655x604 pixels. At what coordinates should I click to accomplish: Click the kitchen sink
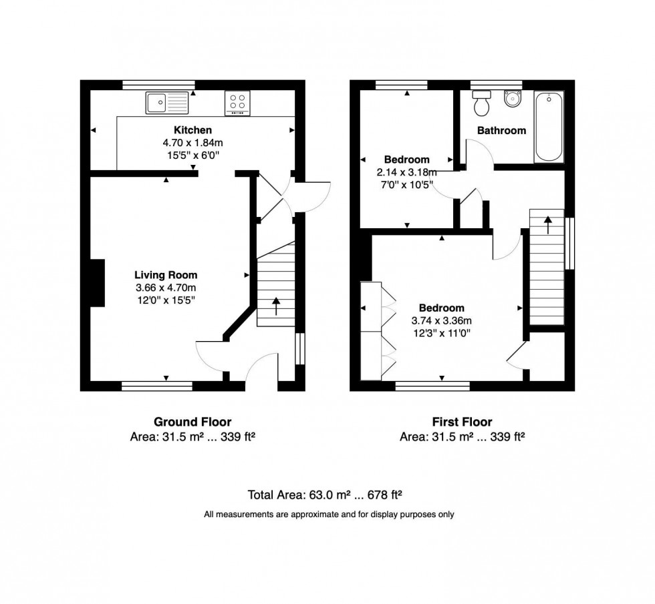168,102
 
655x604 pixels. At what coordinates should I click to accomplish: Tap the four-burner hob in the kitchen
237,101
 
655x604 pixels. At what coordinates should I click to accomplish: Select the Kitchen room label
193,130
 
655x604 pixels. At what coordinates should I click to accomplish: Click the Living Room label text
166,274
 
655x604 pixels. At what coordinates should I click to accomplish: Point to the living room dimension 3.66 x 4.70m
166,288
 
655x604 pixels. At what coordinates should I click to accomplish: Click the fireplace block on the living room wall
97,282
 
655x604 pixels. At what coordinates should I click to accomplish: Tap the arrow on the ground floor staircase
276,307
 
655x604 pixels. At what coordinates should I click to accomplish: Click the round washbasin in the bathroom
513,101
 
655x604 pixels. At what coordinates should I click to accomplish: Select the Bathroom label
501,131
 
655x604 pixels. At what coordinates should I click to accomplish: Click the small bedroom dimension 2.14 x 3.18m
406,172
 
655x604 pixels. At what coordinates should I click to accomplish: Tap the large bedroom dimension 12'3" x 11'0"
441,332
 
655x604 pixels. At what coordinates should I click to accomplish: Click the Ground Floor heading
192,422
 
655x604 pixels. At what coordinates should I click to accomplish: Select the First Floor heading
462,422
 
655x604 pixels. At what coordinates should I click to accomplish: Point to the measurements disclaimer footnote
329,515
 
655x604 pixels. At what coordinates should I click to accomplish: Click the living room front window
157,385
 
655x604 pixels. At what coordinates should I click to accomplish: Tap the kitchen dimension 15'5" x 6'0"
193,155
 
